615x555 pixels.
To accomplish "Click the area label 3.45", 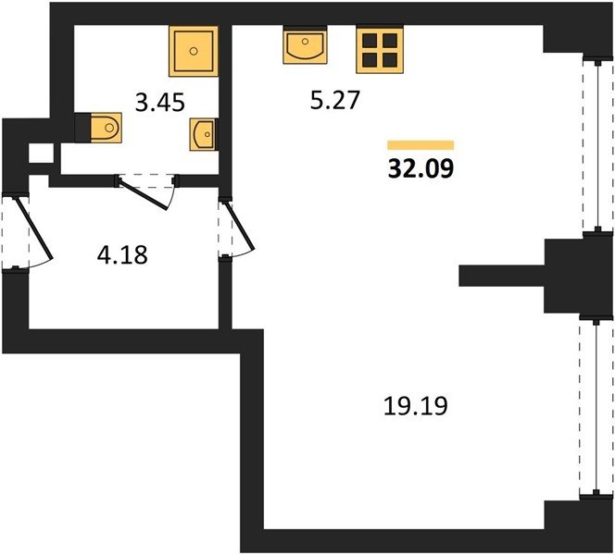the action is (x=159, y=103).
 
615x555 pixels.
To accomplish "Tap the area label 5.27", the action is (x=334, y=100).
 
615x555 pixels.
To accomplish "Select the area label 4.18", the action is (x=122, y=254).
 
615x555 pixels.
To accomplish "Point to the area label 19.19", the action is (x=415, y=406).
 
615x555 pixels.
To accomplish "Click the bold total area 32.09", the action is (x=420, y=168).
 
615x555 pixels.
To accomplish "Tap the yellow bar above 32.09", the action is (x=420, y=145).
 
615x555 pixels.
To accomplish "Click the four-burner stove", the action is (x=380, y=50).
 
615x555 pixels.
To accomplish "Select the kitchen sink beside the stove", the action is (x=305, y=45).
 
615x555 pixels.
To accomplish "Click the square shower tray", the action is (x=194, y=51).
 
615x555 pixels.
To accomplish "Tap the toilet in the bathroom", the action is (x=106, y=128).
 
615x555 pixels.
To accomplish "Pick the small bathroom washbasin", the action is (x=203, y=135).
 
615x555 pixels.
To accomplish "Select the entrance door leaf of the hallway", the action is (x=33, y=229).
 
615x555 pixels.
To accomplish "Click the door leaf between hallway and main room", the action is (x=239, y=226).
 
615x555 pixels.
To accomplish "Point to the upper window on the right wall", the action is (x=597, y=145).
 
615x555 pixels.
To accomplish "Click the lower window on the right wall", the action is (x=596, y=407).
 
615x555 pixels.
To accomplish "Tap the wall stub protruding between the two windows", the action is (x=501, y=276).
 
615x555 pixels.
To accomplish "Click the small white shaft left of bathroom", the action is (x=41, y=154).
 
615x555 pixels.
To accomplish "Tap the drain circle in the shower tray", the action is (x=194, y=51).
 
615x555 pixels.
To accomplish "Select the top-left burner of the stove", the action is (x=370, y=41).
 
